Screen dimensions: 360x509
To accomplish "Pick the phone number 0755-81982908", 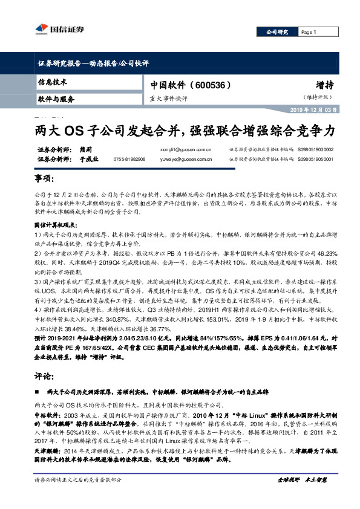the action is pos(129,159).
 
